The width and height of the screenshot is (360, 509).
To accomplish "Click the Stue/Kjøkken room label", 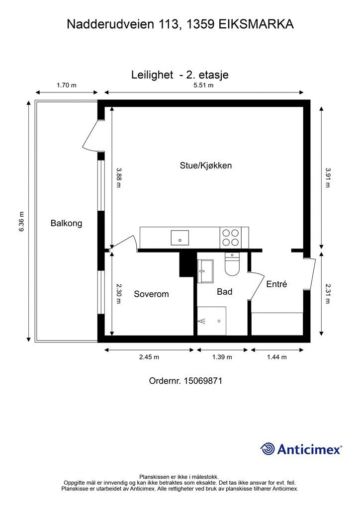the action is [x=206, y=166].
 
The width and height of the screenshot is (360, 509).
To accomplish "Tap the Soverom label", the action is [x=151, y=294].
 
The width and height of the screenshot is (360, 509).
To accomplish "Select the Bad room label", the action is [x=225, y=291].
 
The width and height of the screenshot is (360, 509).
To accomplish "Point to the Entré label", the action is [x=276, y=284].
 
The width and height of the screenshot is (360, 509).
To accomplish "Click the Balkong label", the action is [x=66, y=223].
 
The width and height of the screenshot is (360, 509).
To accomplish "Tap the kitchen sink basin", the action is [x=180, y=238].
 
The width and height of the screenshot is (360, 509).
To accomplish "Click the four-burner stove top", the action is [x=231, y=237].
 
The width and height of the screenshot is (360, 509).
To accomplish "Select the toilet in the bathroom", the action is [x=232, y=264].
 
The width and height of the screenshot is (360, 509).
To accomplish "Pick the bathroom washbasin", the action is [x=205, y=271].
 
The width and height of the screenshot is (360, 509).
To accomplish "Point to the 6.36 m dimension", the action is [x=22, y=221].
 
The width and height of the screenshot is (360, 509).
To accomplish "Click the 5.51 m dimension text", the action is [x=203, y=85].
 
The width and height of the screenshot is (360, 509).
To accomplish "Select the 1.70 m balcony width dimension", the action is [x=67, y=85].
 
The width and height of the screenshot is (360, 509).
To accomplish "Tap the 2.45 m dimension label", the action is [x=149, y=357].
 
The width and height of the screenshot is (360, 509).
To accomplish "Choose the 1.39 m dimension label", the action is [x=222, y=357].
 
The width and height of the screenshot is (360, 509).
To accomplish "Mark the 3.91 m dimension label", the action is [x=328, y=177].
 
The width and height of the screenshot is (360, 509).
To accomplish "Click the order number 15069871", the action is [x=203, y=381].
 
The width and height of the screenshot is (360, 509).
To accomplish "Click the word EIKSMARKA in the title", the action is [x=256, y=24].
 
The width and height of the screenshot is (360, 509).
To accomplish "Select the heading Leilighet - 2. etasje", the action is [x=180, y=75].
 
